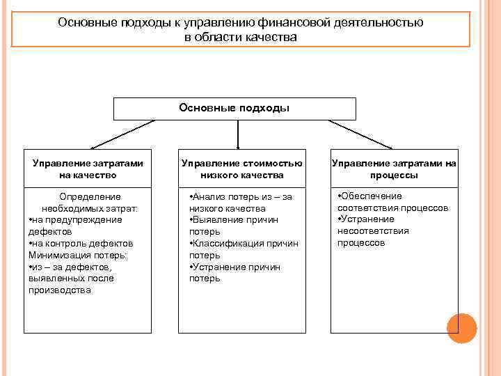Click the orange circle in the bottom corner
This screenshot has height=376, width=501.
click(x=461, y=328)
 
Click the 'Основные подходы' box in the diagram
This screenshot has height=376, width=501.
click(x=234, y=109)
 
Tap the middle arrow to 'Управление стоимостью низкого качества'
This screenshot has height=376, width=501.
click(x=239, y=134)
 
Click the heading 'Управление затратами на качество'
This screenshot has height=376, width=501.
click(x=88, y=169)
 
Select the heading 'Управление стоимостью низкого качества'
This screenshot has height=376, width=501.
click(x=241, y=169)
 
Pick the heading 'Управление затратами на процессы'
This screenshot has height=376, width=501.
click(x=394, y=169)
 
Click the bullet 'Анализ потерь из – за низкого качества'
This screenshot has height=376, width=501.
click(x=240, y=203)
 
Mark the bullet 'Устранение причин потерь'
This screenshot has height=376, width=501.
click(x=234, y=272)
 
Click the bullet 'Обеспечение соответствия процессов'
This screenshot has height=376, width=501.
click(x=392, y=202)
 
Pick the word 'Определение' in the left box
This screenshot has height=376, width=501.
click(x=90, y=197)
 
